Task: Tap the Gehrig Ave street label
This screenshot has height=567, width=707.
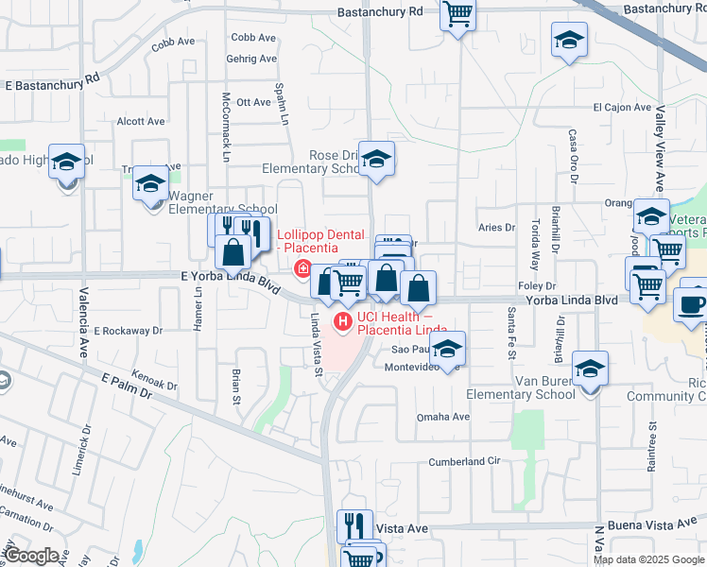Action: pos(251,59)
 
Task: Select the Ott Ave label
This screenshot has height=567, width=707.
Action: pos(253,102)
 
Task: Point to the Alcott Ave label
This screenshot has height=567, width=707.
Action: pos(140,121)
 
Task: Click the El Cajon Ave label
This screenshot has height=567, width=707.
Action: pos(622,108)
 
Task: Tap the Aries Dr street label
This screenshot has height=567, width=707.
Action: pos(496,228)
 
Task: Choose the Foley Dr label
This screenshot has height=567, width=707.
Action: pos(535,285)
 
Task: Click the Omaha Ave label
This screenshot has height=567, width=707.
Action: pos(443,417)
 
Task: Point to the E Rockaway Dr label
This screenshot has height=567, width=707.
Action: pos(129,331)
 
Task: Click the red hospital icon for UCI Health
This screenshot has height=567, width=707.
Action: pos(341,323)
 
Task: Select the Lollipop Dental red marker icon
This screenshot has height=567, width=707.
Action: pos(302,267)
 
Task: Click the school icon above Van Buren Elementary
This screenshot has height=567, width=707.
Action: pos(590,368)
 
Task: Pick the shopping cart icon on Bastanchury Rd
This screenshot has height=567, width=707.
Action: pos(457,14)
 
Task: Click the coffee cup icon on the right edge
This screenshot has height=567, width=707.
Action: pos(691,304)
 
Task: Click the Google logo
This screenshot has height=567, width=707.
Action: pos(31,556)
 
